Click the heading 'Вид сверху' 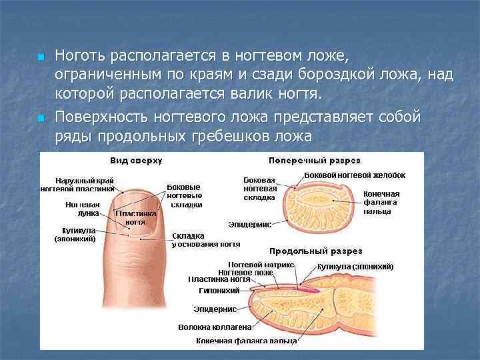click(136, 161)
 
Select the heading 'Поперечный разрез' click(314, 161)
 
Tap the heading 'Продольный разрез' click(315, 251)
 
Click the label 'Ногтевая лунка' click(83, 209)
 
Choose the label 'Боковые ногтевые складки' click(185, 196)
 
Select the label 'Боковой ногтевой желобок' click(354, 175)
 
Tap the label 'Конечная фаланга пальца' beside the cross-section click(381, 202)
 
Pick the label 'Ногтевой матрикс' click(252, 265)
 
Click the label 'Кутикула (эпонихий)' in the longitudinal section click(355, 267)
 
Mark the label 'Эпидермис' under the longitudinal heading click(215, 309)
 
